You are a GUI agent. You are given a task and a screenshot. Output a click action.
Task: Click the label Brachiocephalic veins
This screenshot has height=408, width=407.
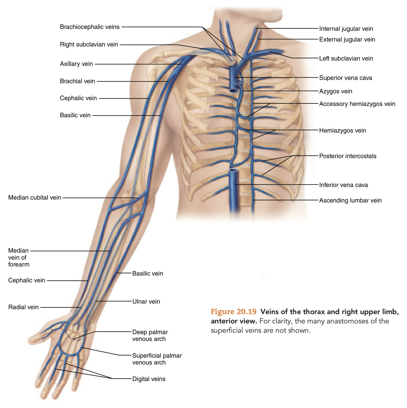(x=90, y=27)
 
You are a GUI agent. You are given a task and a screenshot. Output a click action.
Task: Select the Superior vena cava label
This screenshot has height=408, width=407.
(x=346, y=78)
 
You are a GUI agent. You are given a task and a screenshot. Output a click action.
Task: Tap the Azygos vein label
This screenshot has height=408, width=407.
(x=336, y=91)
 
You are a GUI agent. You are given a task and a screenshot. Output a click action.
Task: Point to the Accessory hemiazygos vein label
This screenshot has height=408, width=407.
(x=357, y=104)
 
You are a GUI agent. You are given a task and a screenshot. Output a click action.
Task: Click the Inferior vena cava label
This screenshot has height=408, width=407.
(x=344, y=185)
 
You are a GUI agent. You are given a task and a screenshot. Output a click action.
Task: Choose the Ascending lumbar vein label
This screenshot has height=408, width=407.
(x=350, y=200)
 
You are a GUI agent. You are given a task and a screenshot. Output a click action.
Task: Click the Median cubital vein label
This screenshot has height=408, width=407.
(x=35, y=198)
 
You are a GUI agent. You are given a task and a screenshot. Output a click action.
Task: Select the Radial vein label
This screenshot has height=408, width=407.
(x=24, y=307)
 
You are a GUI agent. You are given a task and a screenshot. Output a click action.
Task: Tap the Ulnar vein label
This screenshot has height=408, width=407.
(x=146, y=302)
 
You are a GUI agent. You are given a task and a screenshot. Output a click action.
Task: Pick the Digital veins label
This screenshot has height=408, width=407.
(x=149, y=379)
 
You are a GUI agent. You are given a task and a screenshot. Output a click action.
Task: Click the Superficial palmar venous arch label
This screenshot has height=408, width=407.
(x=157, y=359)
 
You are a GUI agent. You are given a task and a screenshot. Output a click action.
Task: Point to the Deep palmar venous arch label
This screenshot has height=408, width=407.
(x=150, y=335)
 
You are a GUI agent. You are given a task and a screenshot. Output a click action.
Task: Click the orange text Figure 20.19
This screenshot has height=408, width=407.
(x=234, y=312)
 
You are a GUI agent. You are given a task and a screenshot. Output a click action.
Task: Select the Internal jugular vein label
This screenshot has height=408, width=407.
(x=346, y=29)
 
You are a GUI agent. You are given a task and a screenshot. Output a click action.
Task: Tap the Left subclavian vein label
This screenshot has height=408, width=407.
(x=346, y=59)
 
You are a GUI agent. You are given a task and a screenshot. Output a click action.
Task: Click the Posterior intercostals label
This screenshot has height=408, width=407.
(x=348, y=156)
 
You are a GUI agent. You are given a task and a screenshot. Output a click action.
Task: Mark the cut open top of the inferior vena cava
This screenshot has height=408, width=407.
(x=234, y=171)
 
